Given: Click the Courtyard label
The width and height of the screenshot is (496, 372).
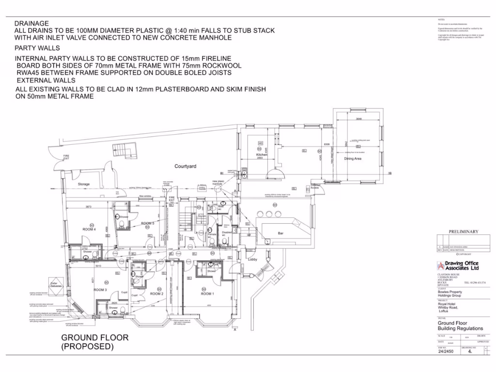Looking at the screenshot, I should [x=186, y=166].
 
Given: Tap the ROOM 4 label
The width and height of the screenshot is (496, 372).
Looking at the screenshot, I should [x=89, y=229].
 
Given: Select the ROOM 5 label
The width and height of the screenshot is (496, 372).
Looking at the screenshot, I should [x=147, y=223].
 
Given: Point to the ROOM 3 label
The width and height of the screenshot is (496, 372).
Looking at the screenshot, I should [x=100, y=290].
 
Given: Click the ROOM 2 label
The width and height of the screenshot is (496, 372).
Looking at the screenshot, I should [x=156, y=294].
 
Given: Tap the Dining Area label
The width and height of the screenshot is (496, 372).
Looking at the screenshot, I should [x=353, y=158].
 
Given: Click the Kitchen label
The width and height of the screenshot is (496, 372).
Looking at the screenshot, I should [x=262, y=155].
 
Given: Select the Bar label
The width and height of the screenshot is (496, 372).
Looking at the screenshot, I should [x=280, y=233].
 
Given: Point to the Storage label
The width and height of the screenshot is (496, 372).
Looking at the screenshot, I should [x=84, y=184].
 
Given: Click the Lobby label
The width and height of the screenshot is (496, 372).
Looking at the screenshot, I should [x=252, y=260].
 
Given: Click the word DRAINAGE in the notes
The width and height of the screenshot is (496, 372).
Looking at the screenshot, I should [x=31, y=23].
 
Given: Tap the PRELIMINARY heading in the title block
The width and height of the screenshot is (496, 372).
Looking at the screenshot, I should [x=463, y=232].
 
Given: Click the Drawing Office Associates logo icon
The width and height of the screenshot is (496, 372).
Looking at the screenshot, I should [x=440, y=265].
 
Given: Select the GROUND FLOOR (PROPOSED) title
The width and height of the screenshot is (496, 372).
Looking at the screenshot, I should [x=94, y=342].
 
